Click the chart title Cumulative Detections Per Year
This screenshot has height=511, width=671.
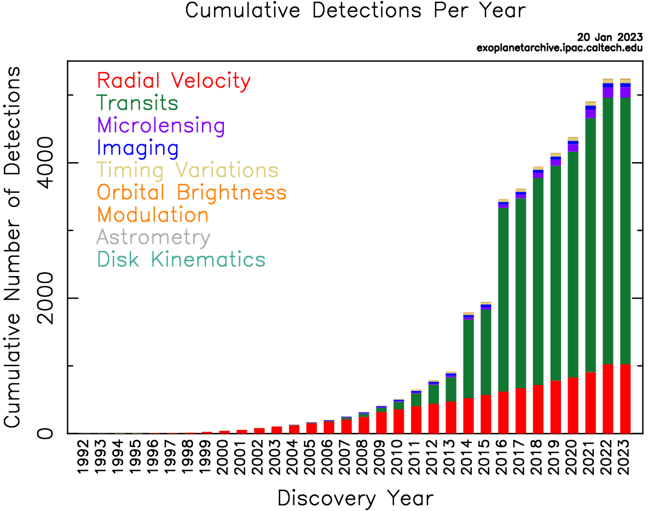click(355, 11)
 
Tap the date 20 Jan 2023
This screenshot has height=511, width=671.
click(610, 37)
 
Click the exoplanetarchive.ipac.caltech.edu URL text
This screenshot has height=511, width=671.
click(559, 48)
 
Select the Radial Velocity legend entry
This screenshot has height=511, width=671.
click(173, 81)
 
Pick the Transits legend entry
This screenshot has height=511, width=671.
click(137, 103)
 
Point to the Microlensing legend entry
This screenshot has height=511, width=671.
click(161, 125)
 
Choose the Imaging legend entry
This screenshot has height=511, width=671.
click(137, 148)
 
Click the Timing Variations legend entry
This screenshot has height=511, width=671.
click(187, 170)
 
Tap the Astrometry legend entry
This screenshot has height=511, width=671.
click(153, 238)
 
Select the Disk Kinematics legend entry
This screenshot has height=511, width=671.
click(181, 260)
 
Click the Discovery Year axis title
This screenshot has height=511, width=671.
click(355, 498)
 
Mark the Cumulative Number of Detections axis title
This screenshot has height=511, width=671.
click(13, 247)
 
